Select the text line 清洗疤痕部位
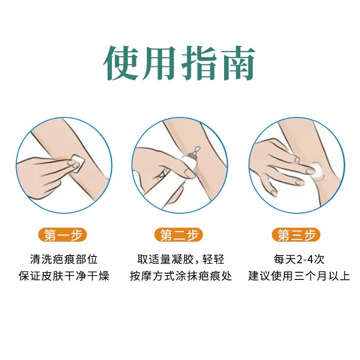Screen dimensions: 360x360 coord(63,259)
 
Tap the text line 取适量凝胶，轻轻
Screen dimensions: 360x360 coord(180,259)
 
